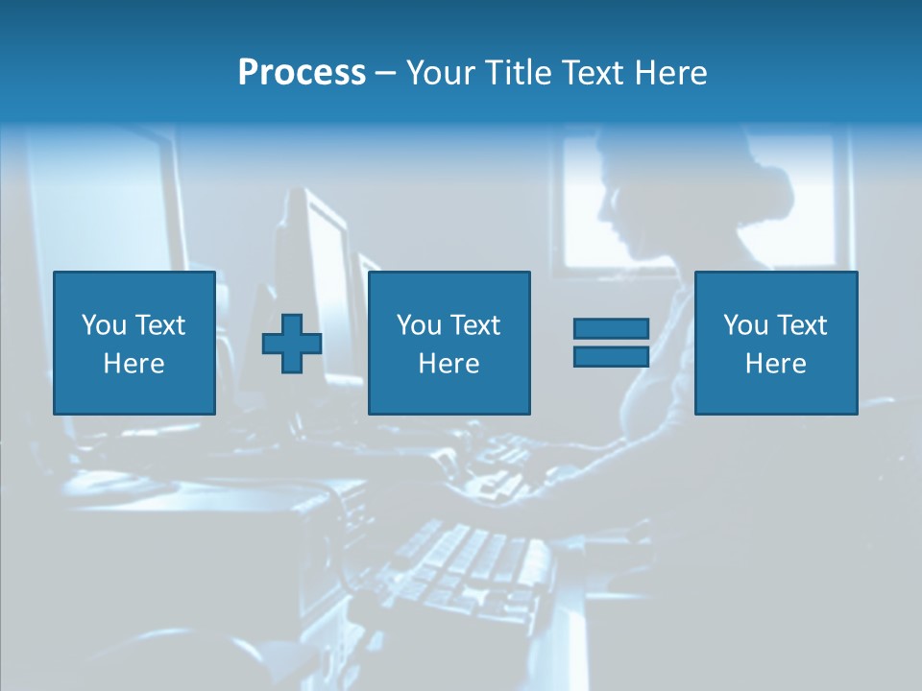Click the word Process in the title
[302, 73]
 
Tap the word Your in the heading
[440, 73]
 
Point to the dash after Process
[385, 73]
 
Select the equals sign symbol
[611, 343]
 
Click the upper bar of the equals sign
[611, 329]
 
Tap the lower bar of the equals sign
[611, 356]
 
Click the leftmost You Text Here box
[134, 343]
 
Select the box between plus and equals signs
[449, 343]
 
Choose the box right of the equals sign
[776, 343]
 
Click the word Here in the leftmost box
[134, 364]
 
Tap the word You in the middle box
[419, 325]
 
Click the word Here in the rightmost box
[776, 364]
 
